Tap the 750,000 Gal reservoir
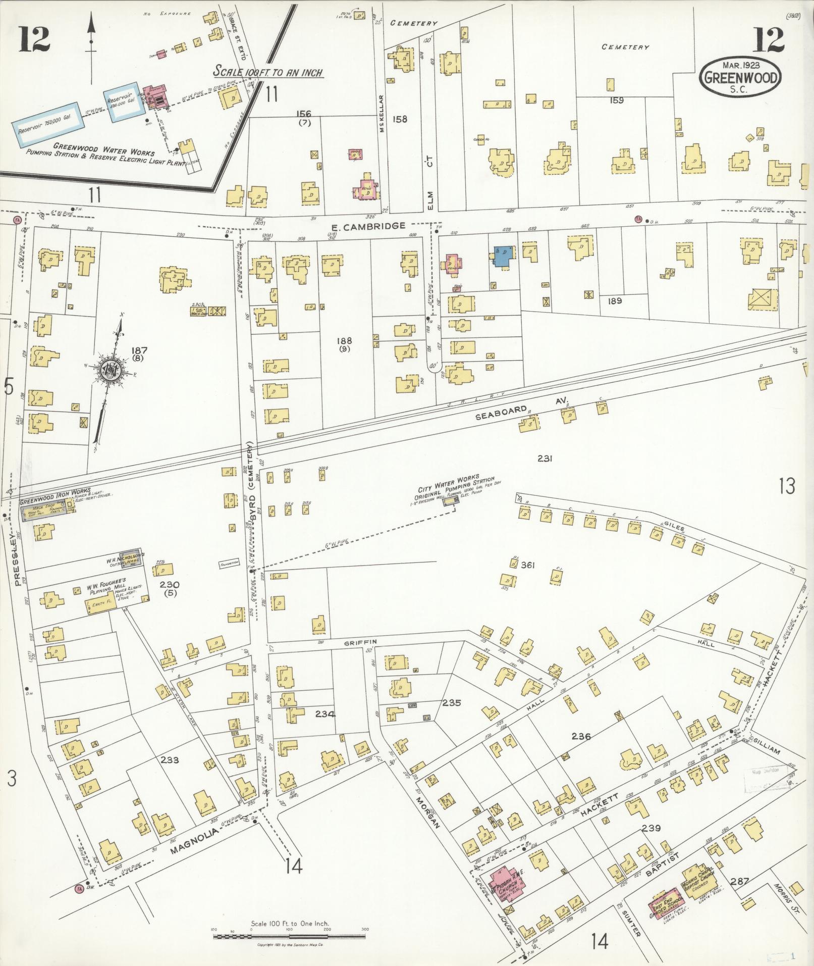(45, 124)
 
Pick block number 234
(325, 714)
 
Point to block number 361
(527, 565)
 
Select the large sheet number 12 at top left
(35, 40)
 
